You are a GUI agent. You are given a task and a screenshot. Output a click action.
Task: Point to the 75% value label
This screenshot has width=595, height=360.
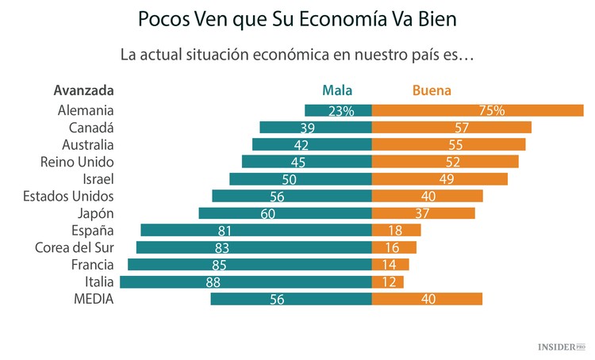(x=491, y=111)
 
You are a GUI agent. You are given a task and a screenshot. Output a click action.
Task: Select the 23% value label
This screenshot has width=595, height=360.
(x=340, y=111)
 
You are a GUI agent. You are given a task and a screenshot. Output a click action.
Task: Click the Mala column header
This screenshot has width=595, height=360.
(x=337, y=90)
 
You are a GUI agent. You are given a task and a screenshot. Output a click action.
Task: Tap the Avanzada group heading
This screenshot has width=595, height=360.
(x=84, y=90)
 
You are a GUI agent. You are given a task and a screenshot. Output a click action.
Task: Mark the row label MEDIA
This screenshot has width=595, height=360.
(x=94, y=299)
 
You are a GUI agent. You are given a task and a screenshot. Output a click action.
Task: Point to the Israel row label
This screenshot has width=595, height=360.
(x=98, y=179)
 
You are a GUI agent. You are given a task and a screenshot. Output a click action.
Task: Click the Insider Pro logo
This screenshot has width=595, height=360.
(x=562, y=347)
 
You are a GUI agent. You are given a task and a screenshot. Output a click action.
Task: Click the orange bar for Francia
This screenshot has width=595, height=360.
(x=390, y=264)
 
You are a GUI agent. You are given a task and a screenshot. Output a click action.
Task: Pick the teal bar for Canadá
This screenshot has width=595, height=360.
(x=316, y=128)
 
